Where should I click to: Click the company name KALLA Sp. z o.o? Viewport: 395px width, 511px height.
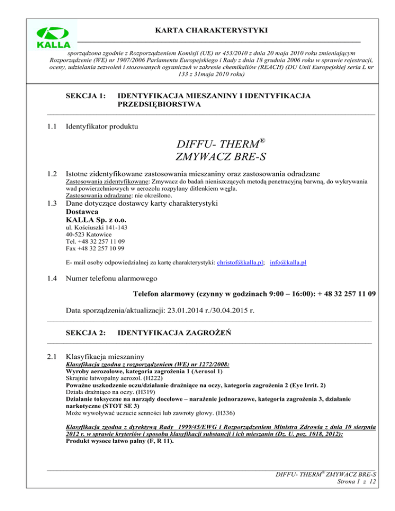click(x=97, y=220)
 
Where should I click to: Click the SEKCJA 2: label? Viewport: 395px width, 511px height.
click(x=86, y=333)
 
